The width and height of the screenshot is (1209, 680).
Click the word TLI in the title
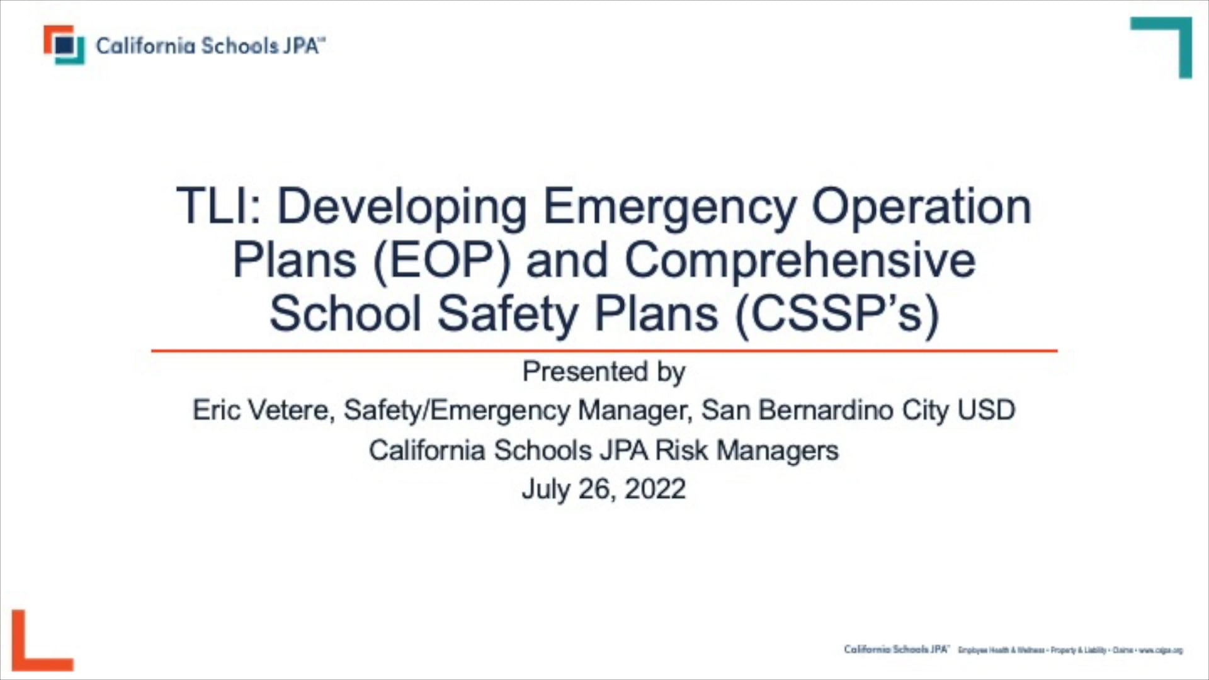213,207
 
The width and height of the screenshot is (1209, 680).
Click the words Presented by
603,371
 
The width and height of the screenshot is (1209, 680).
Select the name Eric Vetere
261,411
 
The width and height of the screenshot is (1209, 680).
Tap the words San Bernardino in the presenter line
797,411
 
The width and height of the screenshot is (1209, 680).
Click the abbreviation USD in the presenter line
986,411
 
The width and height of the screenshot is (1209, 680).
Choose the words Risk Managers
747,451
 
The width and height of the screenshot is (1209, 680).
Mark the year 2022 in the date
655,489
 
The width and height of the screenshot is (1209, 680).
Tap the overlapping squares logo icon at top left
64,45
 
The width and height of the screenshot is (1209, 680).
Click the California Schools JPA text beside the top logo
210,46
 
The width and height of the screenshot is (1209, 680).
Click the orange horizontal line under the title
604,351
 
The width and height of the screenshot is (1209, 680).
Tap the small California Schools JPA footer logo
896,649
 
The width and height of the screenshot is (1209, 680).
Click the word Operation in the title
921,207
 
